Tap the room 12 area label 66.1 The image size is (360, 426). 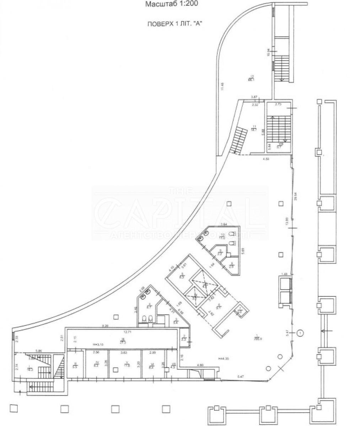point(251,78)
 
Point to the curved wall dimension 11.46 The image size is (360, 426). point(222,86)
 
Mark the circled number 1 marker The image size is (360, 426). point(301,333)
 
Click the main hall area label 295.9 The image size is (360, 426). point(257,337)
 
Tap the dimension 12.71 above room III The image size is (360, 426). point(123,332)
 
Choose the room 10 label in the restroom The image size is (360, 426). point(222,236)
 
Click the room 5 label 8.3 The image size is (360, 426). point(183,275)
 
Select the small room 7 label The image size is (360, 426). point(240,310)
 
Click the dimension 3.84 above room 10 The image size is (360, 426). point(224,224)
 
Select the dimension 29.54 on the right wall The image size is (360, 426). point(295,196)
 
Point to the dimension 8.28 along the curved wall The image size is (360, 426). point(104,326)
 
